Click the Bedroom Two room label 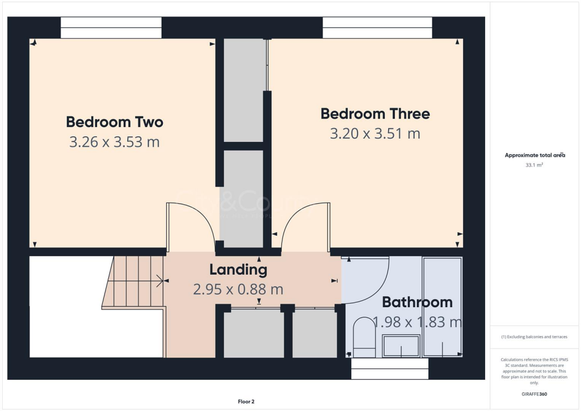point(115,122)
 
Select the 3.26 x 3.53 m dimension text point(115,142)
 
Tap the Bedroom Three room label point(375,114)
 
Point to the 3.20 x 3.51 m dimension point(375,134)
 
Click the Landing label point(238,269)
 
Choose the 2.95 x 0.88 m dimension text point(238,290)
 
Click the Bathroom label point(417,302)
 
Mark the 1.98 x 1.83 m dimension point(417,322)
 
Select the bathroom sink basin point(401,346)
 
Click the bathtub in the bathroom point(443,307)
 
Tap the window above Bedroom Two point(111,27)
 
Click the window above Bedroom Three point(377,27)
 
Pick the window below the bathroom point(390,369)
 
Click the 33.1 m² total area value point(534,165)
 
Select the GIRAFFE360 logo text point(534,393)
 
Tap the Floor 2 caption point(246,402)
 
